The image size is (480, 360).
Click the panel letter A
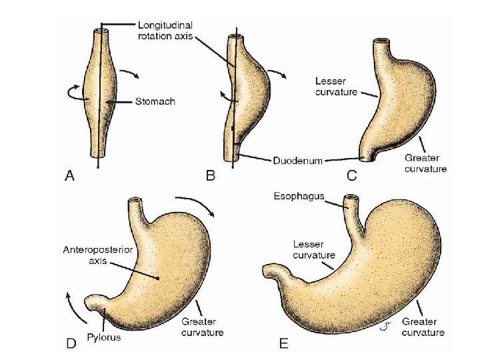[69, 176]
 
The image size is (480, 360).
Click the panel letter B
[211, 176]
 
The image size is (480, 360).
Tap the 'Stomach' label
[155, 102]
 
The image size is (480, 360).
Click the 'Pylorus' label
[107, 337]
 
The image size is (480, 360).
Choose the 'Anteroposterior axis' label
[89, 256]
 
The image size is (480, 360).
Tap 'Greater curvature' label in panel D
[203, 327]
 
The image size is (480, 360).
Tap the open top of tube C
[383, 41]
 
